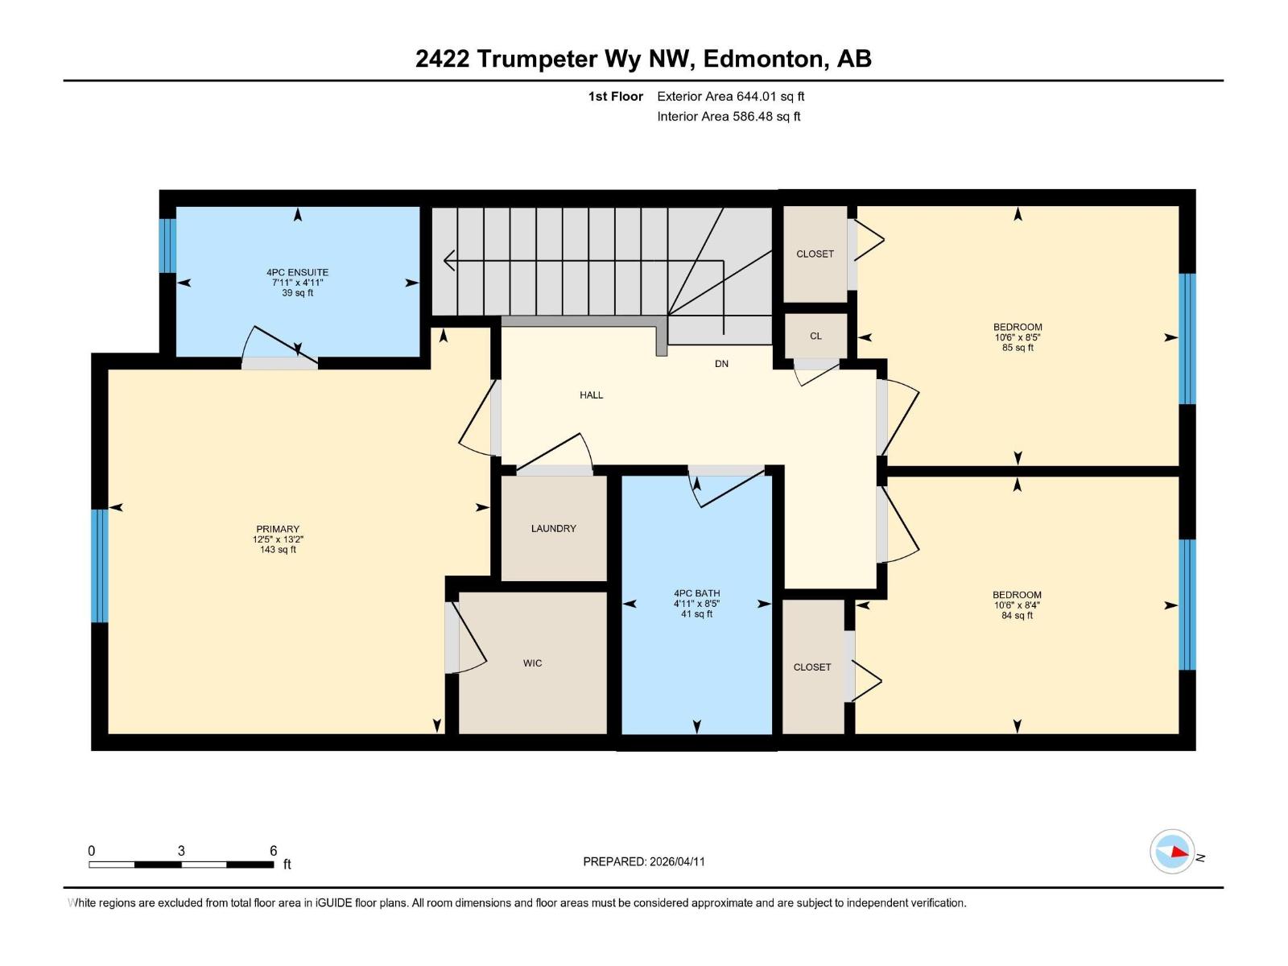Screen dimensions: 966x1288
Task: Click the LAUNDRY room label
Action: [x=553, y=529]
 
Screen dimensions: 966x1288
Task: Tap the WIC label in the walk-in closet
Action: [x=532, y=663]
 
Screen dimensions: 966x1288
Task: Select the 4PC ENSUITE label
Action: [x=297, y=272]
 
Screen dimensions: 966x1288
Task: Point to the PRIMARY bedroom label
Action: [x=278, y=529]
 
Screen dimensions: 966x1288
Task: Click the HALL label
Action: [x=591, y=395]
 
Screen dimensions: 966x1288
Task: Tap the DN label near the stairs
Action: [x=721, y=364]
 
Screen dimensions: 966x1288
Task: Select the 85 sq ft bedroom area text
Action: [x=1018, y=348]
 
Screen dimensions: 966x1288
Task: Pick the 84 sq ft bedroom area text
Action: [x=1017, y=616]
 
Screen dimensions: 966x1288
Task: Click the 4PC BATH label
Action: [x=696, y=593]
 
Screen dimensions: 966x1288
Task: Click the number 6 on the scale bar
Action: [x=274, y=851]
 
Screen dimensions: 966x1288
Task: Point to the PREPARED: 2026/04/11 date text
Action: [x=644, y=861]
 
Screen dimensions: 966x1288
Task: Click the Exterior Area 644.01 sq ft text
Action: [x=730, y=97]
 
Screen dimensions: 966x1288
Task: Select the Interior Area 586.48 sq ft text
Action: [x=729, y=117]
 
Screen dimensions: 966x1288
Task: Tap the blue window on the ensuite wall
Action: [x=167, y=246]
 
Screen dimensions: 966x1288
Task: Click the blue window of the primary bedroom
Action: [x=99, y=565]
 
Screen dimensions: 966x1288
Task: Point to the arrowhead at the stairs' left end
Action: [x=448, y=261]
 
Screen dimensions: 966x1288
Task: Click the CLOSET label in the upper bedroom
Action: [x=815, y=254]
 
